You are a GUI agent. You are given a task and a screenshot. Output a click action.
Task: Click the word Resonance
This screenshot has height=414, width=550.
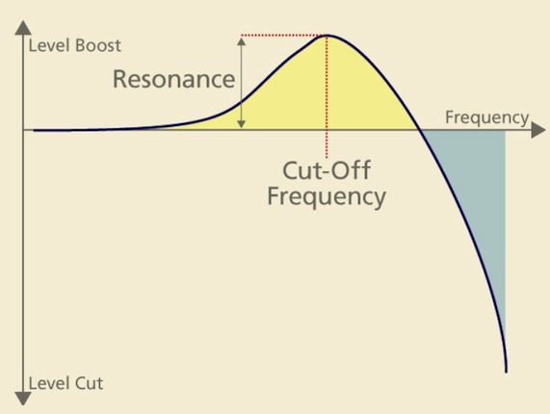tap(173, 79)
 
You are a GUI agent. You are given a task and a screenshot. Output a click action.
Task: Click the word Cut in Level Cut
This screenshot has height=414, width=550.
tap(90, 383)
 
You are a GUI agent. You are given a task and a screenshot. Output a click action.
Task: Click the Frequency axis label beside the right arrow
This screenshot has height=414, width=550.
tap(486, 117)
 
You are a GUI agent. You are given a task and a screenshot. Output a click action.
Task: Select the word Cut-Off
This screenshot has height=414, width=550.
tap(327, 170)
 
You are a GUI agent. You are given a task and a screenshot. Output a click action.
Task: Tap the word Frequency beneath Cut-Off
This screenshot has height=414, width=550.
tap(327, 196)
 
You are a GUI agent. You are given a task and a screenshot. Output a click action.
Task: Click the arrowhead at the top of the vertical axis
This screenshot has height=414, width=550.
tap(23, 28)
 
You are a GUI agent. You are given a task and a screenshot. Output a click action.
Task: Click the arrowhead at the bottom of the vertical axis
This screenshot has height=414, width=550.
tap(23, 399)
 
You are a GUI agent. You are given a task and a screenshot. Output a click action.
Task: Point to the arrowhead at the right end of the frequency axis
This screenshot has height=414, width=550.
tap(538, 130)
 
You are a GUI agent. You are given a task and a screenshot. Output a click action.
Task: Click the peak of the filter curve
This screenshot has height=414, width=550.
tap(327, 36)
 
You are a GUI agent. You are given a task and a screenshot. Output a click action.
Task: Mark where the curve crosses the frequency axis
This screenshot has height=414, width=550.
tap(419, 130)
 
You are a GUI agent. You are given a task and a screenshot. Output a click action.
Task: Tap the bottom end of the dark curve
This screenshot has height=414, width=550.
tap(506, 372)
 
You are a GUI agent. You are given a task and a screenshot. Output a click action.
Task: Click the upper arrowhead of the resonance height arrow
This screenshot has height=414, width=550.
tap(242, 41)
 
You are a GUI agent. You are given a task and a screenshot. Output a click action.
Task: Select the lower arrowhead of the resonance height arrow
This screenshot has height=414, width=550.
tap(242, 124)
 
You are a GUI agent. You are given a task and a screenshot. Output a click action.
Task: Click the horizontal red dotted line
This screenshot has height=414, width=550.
tap(283, 36)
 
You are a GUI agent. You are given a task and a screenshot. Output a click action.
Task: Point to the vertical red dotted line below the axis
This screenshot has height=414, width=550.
tap(327, 144)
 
